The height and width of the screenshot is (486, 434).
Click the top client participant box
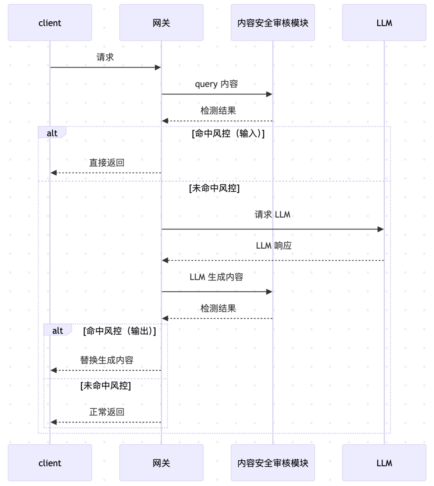point(50,23)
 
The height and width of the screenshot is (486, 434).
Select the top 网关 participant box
point(161,23)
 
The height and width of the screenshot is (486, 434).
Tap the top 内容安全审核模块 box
point(272,23)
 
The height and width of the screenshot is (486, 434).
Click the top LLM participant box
point(384,23)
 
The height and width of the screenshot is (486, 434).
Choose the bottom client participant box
point(50,463)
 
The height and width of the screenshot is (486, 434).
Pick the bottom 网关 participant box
point(161,463)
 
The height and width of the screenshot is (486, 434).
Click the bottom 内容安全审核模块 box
point(272,463)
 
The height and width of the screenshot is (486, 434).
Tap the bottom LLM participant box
point(384,463)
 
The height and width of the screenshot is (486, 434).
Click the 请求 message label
point(105,58)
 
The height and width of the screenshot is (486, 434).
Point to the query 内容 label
point(217,84)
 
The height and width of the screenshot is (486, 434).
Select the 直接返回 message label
point(106,163)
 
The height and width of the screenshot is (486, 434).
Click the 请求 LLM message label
point(272,214)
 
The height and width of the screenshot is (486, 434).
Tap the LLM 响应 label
point(274,245)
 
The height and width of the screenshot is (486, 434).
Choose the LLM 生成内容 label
point(217,277)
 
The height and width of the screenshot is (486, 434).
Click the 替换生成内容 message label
point(106,360)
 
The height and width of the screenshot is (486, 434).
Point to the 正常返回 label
point(106,412)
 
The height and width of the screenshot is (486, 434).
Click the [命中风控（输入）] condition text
point(228,134)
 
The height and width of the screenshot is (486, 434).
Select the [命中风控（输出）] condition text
point(120,331)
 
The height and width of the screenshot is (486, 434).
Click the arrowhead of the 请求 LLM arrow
point(381,229)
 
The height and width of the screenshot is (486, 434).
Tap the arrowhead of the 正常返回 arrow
point(53,422)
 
